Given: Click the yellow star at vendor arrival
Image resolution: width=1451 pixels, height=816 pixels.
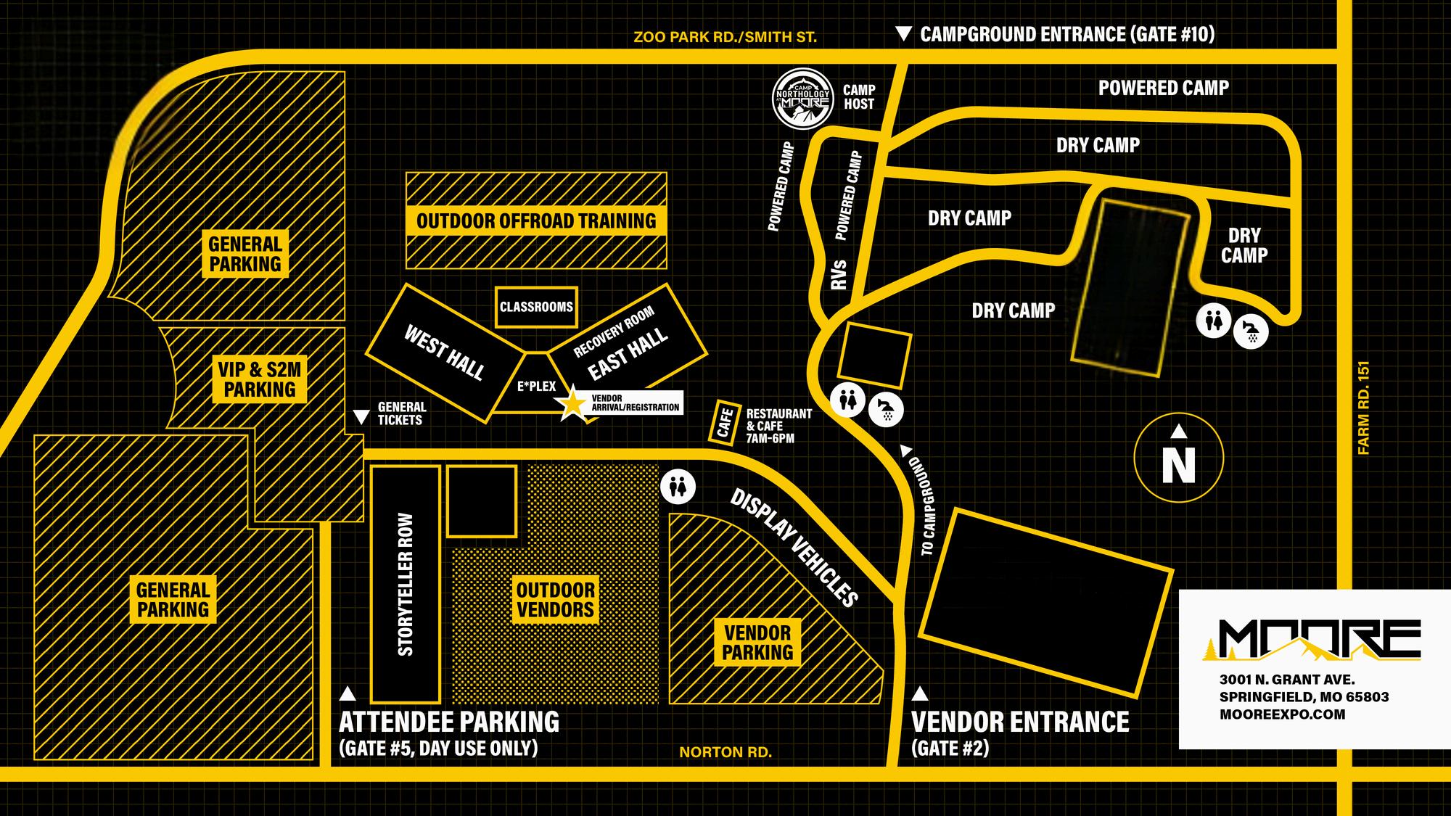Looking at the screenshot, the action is tap(572, 405).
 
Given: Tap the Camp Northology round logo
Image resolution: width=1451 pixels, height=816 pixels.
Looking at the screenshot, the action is tap(802, 99).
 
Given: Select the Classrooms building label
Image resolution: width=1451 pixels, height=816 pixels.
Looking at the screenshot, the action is tap(536, 307).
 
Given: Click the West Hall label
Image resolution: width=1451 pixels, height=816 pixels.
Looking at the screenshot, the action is tap(444, 353).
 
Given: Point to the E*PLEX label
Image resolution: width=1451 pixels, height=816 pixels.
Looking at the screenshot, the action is tap(537, 387).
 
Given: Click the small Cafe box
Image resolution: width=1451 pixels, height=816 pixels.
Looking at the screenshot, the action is tap(724, 422).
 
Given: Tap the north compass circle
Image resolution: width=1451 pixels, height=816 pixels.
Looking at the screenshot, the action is tap(1178, 458).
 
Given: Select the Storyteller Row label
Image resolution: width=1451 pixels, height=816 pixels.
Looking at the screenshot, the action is tap(406, 585).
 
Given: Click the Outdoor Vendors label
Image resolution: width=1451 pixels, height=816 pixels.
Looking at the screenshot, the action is tap(556, 600).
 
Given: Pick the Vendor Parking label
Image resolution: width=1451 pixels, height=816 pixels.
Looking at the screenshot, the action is tap(757, 643).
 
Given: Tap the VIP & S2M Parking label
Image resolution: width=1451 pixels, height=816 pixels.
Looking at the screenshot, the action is tap(260, 379).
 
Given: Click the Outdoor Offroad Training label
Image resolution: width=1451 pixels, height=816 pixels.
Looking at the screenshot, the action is tap(536, 221).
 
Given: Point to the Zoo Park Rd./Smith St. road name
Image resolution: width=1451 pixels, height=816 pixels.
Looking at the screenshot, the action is tap(725, 37).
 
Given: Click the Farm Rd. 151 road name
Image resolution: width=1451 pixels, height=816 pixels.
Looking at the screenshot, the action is tap(1364, 408).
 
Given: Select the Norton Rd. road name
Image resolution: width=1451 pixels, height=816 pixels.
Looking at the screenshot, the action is tap(725, 752).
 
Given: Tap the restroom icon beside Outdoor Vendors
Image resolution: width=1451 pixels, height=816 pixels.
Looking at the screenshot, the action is tap(678, 487).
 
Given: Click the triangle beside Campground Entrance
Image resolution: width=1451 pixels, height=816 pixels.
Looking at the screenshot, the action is tap(903, 34).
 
